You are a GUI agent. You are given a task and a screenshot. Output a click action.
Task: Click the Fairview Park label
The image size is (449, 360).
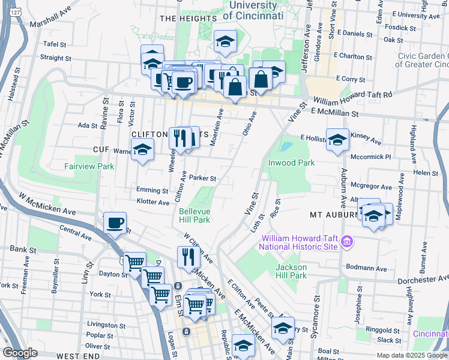coord(89,166)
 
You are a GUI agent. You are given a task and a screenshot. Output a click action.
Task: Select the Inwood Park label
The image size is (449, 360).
coord(291,163)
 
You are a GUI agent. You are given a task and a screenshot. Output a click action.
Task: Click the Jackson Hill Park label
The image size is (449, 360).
coord(291,271)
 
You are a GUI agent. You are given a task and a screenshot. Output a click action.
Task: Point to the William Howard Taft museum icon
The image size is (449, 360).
coord(346,242)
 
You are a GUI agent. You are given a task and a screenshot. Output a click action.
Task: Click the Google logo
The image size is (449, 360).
coord(20,353)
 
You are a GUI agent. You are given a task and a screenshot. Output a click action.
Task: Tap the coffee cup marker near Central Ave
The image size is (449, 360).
coord(115,223)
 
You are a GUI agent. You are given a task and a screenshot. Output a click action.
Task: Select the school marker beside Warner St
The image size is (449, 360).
coord(143,150)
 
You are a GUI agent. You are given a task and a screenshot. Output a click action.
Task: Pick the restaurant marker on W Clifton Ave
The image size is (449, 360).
coord(188,257)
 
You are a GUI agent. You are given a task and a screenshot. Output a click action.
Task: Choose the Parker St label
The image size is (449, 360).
coord(202,178)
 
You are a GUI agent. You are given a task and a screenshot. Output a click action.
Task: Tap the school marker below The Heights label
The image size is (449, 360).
coord(226,41)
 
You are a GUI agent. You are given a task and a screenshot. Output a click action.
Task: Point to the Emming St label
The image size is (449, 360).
coord(152,190)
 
